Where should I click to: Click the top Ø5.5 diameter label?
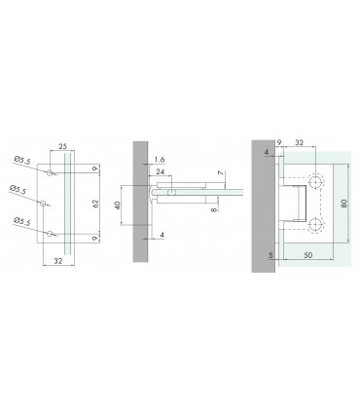(x=21, y=161)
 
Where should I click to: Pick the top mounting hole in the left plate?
(x=47, y=172)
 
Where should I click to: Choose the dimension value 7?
(x=223, y=174)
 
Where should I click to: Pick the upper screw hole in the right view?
(x=316, y=182)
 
